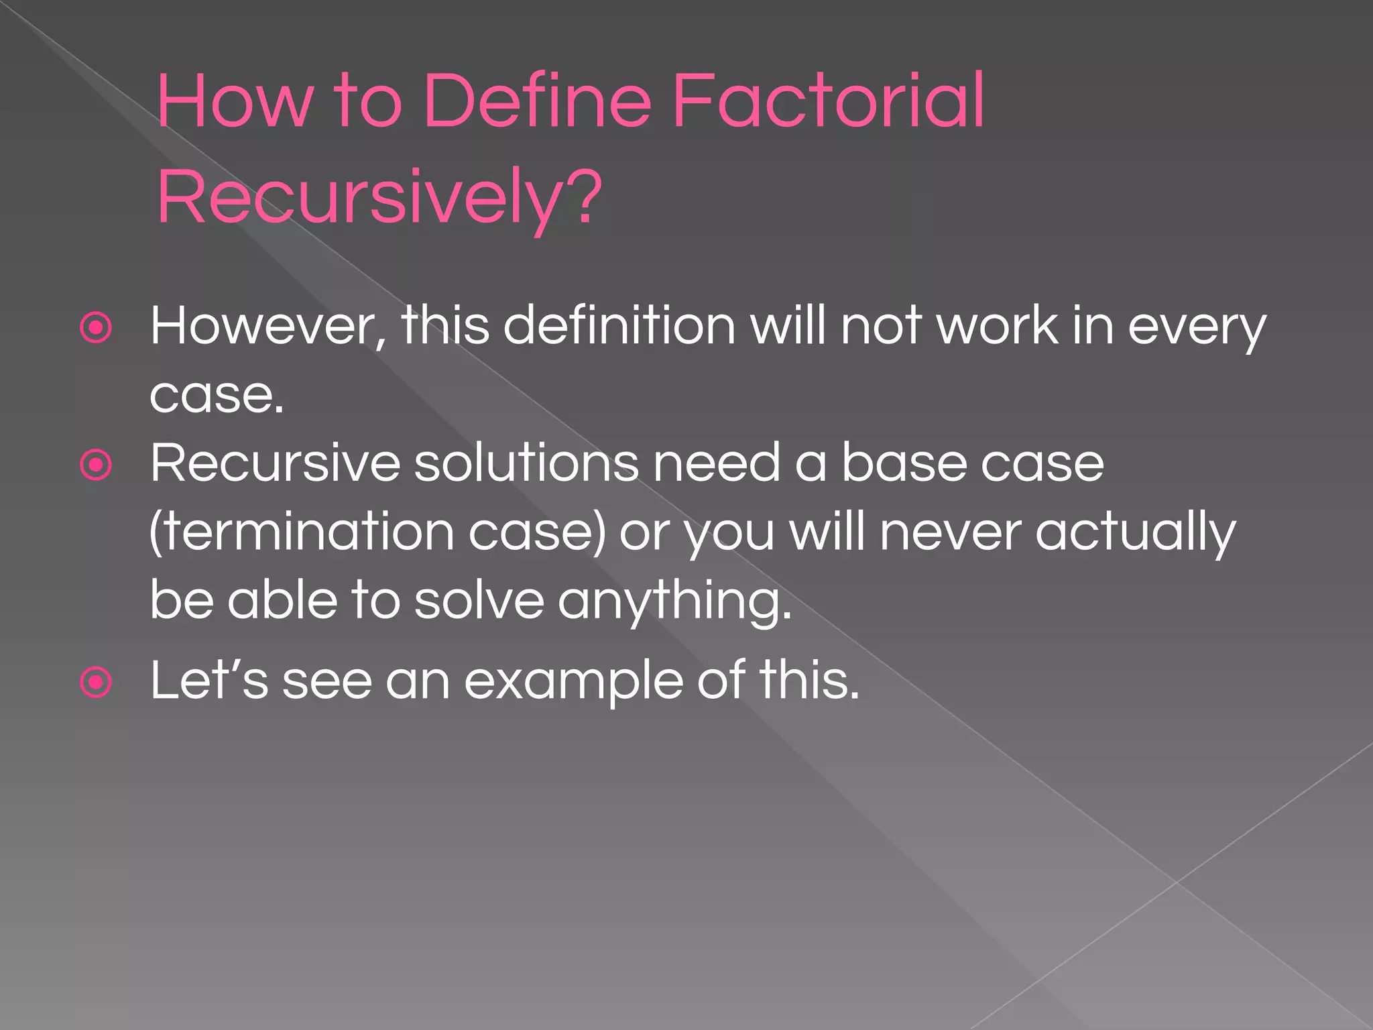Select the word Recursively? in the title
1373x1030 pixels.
click(379, 198)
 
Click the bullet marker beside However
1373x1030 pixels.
click(96, 328)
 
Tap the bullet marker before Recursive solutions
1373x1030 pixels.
click(96, 465)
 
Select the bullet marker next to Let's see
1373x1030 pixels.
click(96, 683)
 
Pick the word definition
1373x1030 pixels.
click(619, 326)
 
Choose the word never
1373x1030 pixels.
click(951, 532)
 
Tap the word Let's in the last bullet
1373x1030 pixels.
click(209, 681)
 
